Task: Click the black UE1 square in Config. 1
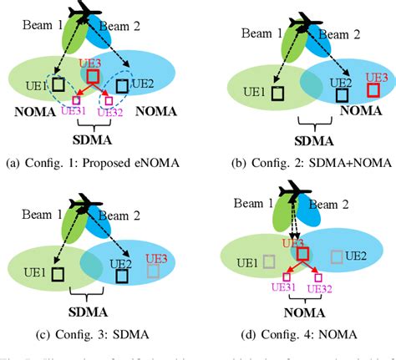58,84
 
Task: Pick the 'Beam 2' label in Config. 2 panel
345,33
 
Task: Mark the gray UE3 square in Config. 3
151,271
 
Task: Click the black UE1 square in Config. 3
57,273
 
